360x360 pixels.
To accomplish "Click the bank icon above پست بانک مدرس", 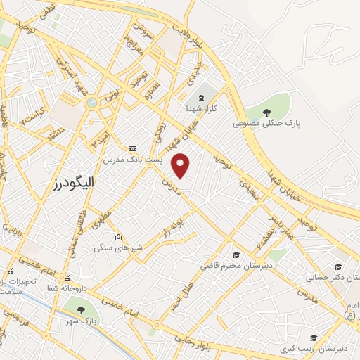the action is (x=132, y=148).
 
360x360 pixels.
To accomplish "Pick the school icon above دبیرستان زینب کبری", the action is (x=314, y=338).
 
